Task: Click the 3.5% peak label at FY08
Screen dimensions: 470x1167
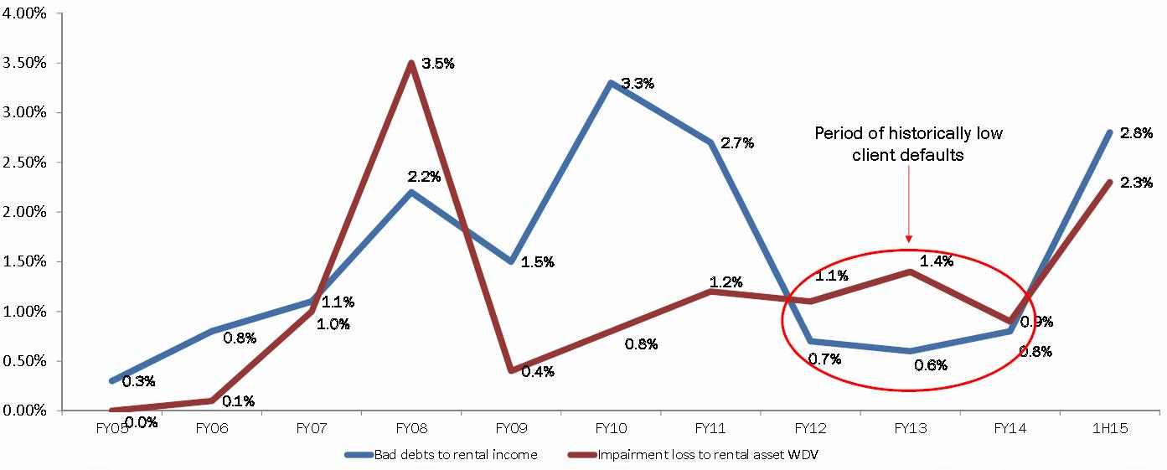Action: tap(437, 64)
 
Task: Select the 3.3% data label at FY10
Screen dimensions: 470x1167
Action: tap(638, 83)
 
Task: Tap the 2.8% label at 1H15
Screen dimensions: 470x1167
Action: tap(1136, 132)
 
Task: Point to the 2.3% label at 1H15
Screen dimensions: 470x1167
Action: tap(1136, 183)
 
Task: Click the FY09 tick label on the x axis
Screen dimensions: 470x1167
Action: tap(511, 428)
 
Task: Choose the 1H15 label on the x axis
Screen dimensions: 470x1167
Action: tap(1110, 428)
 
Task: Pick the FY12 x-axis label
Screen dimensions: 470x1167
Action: tap(811, 428)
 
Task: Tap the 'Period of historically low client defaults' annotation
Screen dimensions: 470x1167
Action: tap(908, 144)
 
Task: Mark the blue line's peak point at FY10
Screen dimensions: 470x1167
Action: tap(611, 83)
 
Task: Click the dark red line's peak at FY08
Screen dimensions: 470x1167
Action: tap(411, 63)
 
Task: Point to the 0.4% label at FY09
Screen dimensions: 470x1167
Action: tap(538, 371)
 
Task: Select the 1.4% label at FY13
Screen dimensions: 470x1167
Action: tap(937, 261)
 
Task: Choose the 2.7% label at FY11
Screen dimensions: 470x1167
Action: tap(737, 142)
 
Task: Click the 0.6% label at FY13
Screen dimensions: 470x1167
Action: tap(930, 365)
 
